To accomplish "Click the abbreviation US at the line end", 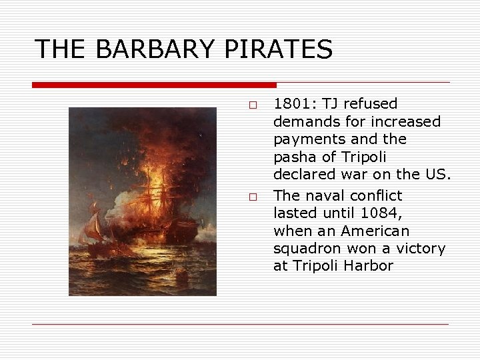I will [x=440, y=175].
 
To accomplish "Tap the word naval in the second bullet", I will [x=324, y=195].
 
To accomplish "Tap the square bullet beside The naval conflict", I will [x=253, y=197].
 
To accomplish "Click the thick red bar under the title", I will [x=154, y=85].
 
